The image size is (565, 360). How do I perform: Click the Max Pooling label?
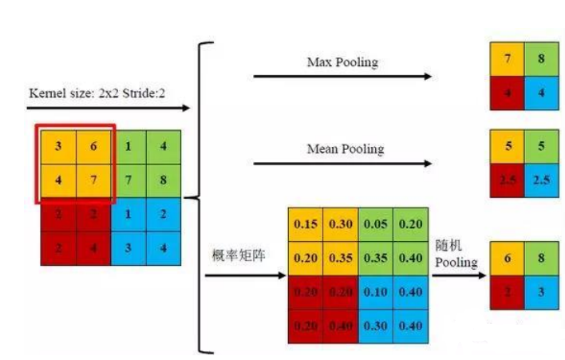342,61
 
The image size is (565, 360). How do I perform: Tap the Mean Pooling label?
345,148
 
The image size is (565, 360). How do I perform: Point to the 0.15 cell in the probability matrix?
305,225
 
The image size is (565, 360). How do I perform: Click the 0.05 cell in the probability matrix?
374,225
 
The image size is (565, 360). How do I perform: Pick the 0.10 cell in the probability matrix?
374,293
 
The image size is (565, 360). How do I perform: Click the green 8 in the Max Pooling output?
541,58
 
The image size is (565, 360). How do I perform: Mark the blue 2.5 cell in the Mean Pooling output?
541,180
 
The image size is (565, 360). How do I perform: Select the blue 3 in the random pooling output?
541,292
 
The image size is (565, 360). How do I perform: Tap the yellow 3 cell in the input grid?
58,146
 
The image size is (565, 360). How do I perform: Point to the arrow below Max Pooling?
342,77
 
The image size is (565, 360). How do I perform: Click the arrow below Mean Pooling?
342,164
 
